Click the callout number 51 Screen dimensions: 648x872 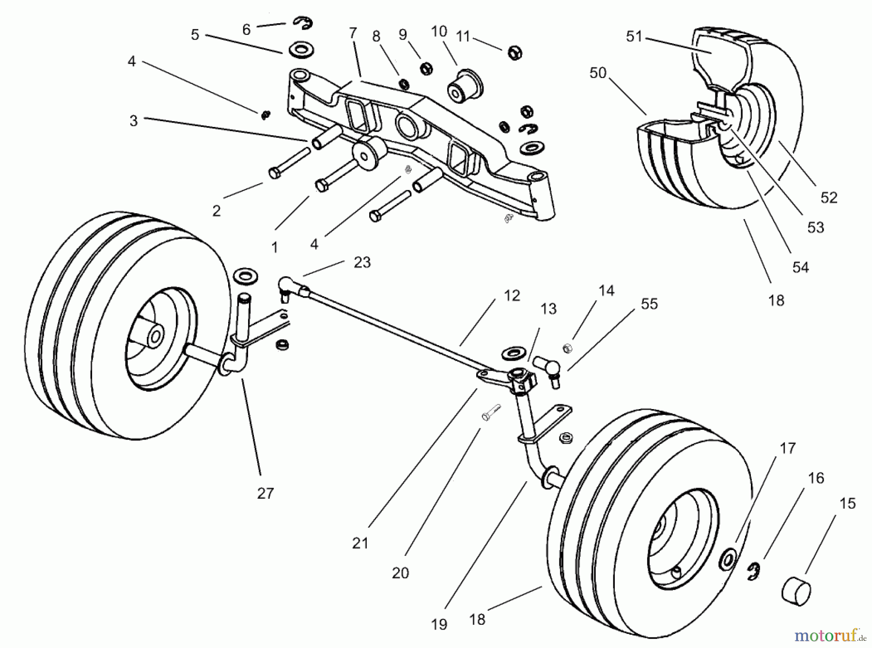click(x=634, y=36)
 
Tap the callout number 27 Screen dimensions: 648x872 click(x=265, y=493)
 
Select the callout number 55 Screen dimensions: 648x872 click(x=649, y=304)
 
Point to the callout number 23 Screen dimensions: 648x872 click(x=362, y=262)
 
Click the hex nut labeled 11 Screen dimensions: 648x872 click(x=515, y=52)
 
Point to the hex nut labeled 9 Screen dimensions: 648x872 click(x=426, y=68)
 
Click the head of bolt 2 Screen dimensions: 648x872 click(x=274, y=173)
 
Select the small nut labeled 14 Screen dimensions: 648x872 click(x=569, y=348)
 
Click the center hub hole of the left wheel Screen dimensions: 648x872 click(x=156, y=336)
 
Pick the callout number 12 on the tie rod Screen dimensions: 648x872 click(x=512, y=296)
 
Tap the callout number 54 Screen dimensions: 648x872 click(x=800, y=267)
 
